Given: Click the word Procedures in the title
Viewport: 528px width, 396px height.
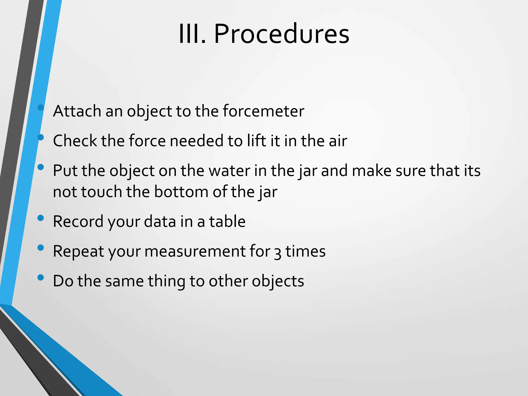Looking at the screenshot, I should click(282, 34).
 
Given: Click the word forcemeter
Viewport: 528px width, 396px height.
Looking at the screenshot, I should click(263, 111).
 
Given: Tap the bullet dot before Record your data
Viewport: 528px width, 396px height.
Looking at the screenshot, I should click(40, 218).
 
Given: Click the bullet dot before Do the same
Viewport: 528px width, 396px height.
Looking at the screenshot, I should click(40, 278).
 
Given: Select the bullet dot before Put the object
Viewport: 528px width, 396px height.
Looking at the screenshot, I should click(40, 168).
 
